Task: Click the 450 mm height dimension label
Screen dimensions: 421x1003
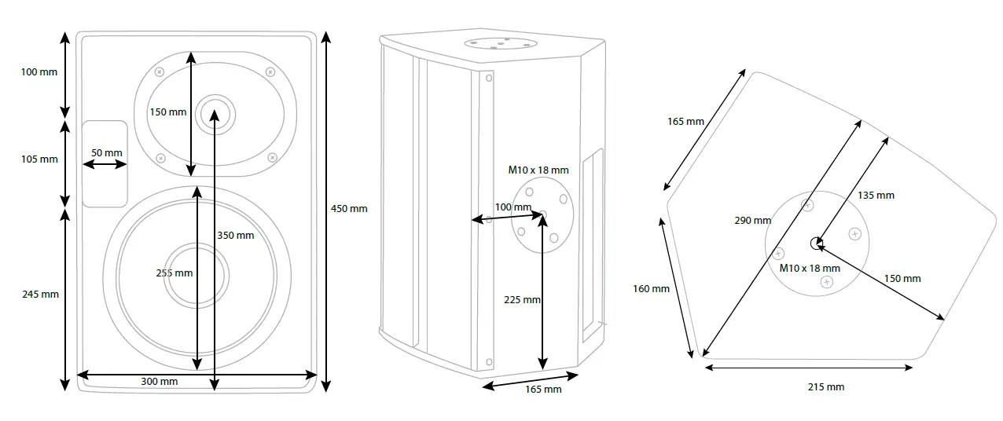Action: tap(348, 209)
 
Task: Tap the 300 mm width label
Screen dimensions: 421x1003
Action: tap(159, 382)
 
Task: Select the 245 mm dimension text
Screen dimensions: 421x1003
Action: tap(39, 295)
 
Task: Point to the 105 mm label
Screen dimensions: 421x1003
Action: tap(39, 159)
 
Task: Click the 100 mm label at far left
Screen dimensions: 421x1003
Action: tap(39, 72)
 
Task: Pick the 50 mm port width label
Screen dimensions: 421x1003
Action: tap(107, 152)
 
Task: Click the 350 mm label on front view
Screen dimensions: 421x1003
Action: tap(235, 235)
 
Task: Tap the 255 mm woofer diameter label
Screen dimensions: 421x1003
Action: tap(174, 273)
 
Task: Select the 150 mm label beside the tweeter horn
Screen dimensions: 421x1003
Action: tap(168, 112)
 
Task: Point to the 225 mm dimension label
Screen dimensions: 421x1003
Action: tap(522, 299)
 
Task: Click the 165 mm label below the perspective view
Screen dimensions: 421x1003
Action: tap(542, 390)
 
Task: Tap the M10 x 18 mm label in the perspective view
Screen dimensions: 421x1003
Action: tap(538, 170)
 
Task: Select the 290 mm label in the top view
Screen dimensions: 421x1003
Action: tap(752, 221)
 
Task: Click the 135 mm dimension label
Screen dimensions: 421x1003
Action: tap(875, 196)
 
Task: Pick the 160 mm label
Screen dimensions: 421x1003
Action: tap(651, 288)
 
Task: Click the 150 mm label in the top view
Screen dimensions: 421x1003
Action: tap(902, 279)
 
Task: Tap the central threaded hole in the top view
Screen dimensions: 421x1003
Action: tap(817, 243)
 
